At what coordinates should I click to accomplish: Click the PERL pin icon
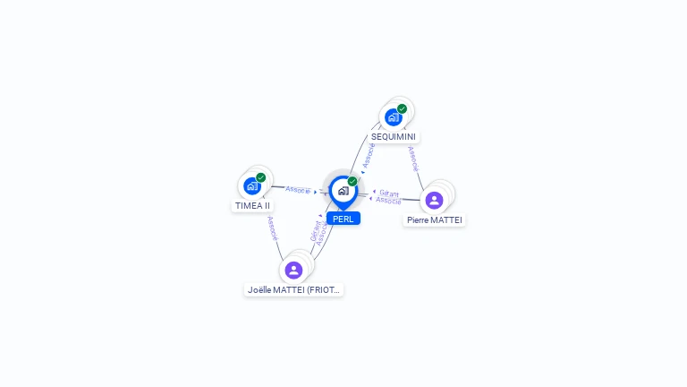coord(343,191)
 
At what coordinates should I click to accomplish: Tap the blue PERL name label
coord(343,219)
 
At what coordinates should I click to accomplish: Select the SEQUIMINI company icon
coord(393,117)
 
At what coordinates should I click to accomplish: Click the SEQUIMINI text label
coord(394,137)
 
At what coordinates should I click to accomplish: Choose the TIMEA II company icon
coord(251,186)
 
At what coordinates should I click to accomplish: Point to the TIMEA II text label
coord(252,205)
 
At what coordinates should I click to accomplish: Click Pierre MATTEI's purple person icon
coord(434,200)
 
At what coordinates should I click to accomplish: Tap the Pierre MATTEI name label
coord(435,219)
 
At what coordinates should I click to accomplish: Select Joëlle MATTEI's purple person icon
coord(293,270)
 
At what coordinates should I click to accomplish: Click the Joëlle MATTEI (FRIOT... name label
coord(294,290)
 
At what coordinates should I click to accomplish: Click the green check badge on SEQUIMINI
coord(403,108)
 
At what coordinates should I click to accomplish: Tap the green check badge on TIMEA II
coord(260,177)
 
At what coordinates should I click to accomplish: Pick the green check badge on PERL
coord(352,181)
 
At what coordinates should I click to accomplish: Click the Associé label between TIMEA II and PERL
coord(298,190)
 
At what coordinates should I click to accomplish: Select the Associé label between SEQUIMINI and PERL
coord(369,155)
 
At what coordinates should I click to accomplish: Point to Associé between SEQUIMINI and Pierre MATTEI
coord(412,159)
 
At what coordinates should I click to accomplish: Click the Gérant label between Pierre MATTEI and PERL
coord(389,193)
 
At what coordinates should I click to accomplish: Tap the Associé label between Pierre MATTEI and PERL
coord(388,201)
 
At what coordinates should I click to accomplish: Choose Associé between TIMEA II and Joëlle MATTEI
coord(272,228)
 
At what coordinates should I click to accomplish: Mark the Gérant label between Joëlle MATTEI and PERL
coord(315,230)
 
